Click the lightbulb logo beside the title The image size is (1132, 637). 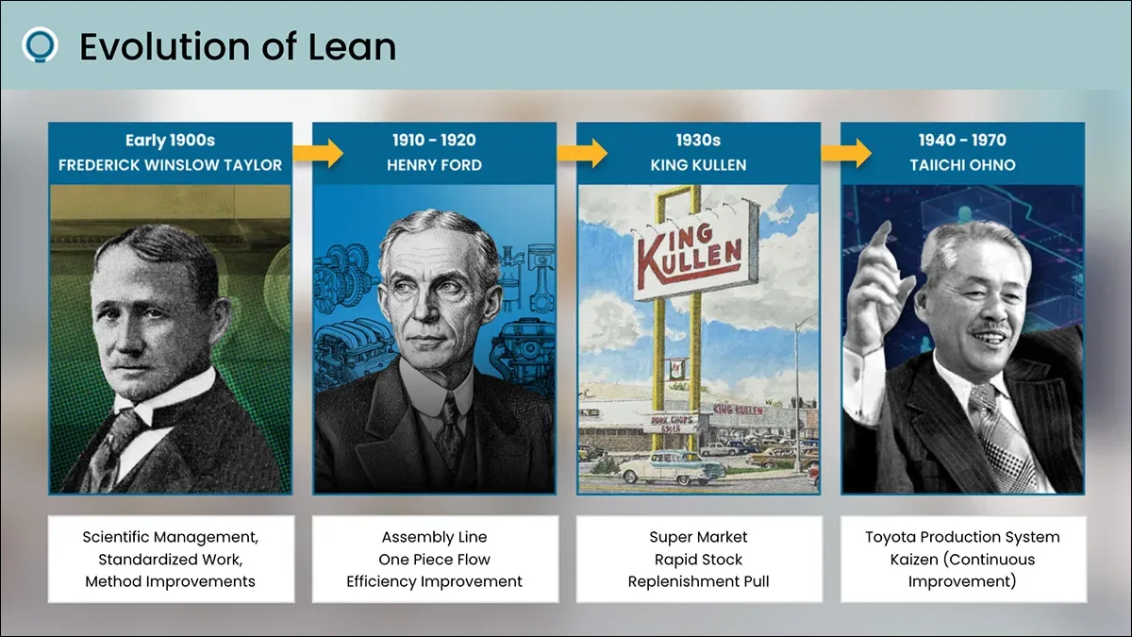(x=40, y=45)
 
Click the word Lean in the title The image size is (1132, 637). (x=352, y=46)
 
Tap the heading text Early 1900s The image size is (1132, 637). (x=171, y=140)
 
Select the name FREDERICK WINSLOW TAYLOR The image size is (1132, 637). (x=171, y=165)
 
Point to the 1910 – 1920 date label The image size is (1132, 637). (x=435, y=140)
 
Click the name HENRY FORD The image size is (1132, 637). (x=435, y=165)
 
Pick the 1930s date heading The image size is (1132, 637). (x=698, y=140)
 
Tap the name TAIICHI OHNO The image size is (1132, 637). (x=963, y=165)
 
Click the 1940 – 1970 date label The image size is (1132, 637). (x=963, y=140)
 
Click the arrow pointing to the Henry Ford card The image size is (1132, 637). (x=319, y=153)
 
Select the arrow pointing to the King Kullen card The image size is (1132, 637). (x=582, y=153)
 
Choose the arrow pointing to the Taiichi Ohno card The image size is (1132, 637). (x=846, y=153)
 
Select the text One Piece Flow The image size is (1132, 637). (x=435, y=559)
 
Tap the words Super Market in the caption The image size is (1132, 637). (x=698, y=537)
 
